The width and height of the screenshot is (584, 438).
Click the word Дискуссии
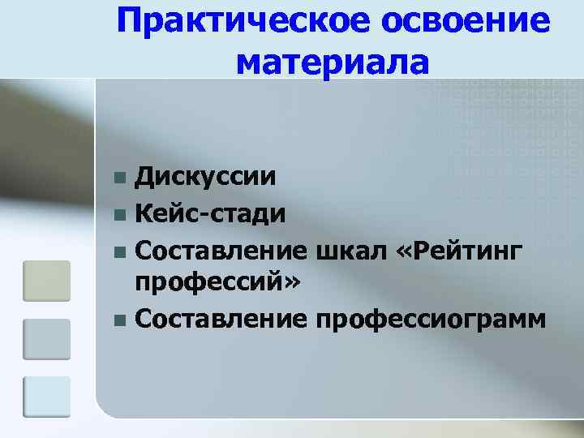(204, 176)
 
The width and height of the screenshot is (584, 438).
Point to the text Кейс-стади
(210, 214)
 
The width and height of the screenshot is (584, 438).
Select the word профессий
(210, 284)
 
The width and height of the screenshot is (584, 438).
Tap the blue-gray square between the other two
(46, 339)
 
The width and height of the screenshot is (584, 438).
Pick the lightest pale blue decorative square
(46, 397)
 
